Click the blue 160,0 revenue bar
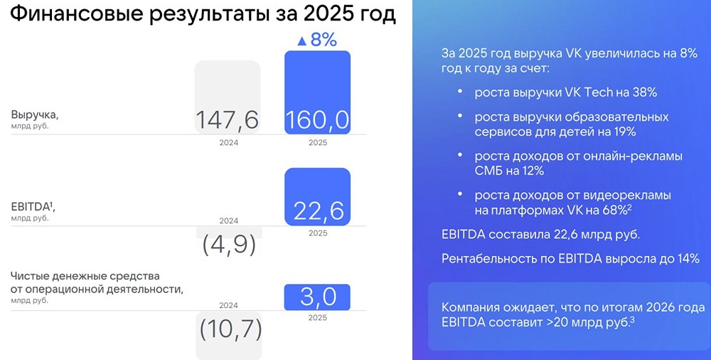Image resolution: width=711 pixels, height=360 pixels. click(x=317, y=92)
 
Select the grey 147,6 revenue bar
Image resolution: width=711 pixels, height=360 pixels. click(x=228, y=97)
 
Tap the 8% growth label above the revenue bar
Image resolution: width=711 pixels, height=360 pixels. click(x=324, y=40)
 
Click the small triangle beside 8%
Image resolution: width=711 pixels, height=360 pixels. click(x=301, y=41)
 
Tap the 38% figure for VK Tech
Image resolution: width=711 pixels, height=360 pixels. click(x=644, y=92)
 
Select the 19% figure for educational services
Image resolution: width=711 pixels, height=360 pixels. click(x=622, y=132)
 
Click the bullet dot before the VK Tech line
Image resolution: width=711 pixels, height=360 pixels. click(x=460, y=92)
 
